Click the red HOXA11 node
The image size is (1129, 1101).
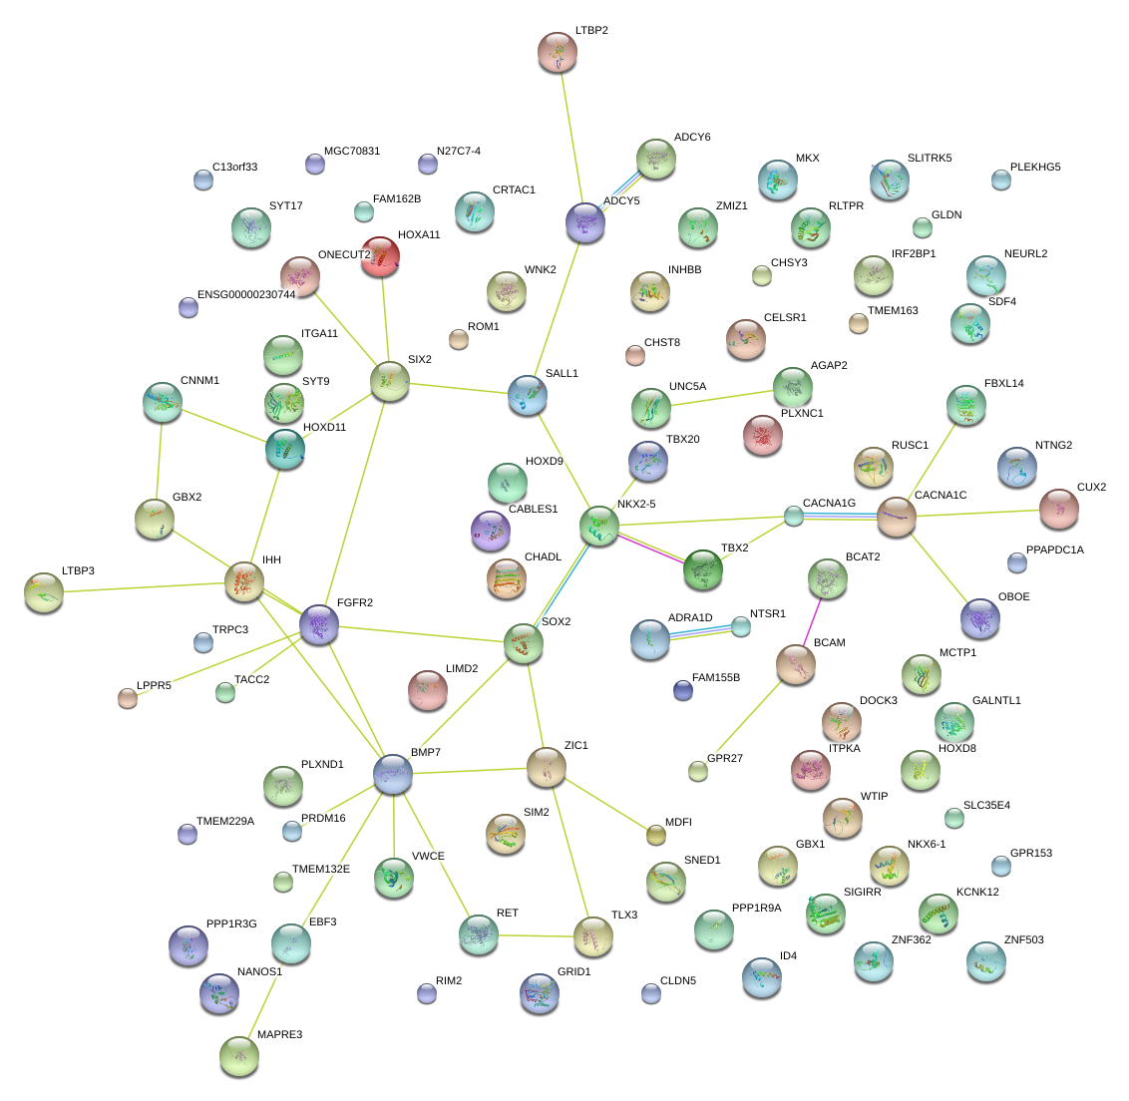pyautogui.click(x=380, y=256)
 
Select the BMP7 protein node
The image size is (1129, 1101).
pyautogui.click(x=393, y=773)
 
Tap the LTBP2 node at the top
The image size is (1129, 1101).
pyautogui.click(x=558, y=52)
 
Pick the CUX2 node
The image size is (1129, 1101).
pyautogui.click(x=1058, y=509)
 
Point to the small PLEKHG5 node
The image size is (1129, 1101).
pyautogui.click(x=1001, y=180)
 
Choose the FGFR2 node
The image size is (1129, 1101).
pyautogui.click(x=319, y=624)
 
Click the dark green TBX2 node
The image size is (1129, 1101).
pyautogui.click(x=703, y=568)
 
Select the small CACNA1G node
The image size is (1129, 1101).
pyautogui.click(x=793, y=516)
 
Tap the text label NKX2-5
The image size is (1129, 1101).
pyautogui.click(x=636, y=504)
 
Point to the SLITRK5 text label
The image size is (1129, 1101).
pyautogui.click(x=930, y=158)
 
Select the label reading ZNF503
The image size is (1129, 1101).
pyautogui.click(x=1023, y=939)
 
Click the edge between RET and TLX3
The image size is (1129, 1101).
pyautogui.click(x=536, y=935)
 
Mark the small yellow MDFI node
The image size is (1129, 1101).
pyautogui.click(x=655, y=834)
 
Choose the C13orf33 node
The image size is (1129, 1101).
pyautogui.click(x=203, y=180)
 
